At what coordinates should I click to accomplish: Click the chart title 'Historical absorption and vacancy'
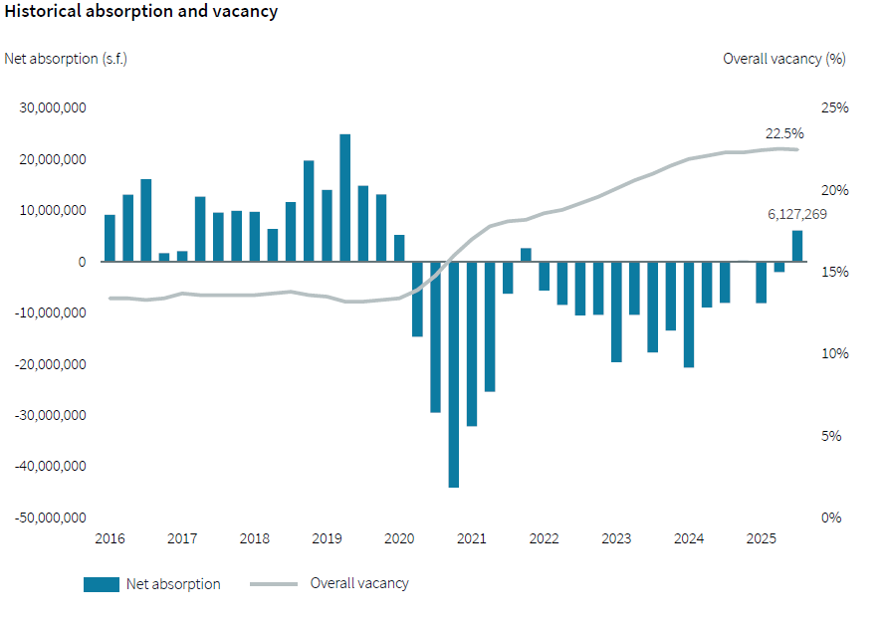[x=141, y=13]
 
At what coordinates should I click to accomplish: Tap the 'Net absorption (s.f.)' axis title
[x=66, y=59]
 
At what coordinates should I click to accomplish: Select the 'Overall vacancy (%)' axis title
[x=783, y=59]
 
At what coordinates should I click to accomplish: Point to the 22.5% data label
[x=783, y=133]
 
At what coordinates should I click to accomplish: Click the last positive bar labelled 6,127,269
[x=797, y=246]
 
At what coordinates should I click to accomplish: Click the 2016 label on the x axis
[x=110, y=539]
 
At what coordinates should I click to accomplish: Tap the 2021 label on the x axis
[x=472, y=539]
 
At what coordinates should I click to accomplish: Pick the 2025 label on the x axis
[x=762, y=539]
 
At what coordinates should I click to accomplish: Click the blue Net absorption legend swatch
[x=101, y=584]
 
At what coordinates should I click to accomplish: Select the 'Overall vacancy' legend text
[x=359, y=584]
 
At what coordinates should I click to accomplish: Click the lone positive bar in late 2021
[x=526, y=255]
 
